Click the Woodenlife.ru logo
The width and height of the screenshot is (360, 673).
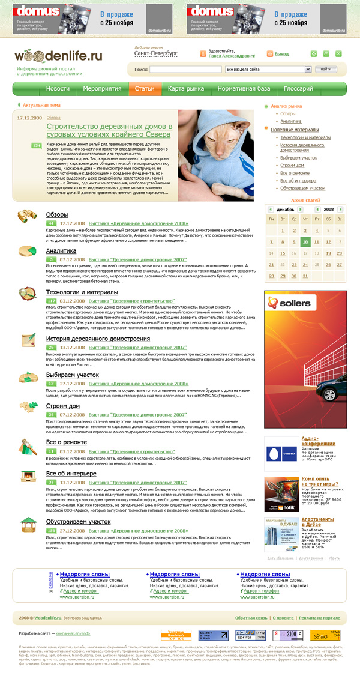[x=58, y=57]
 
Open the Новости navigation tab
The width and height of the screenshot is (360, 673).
[x=58, y=89]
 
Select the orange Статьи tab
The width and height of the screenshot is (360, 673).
[x=145, y=89]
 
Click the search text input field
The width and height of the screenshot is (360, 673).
[x=185, y=70]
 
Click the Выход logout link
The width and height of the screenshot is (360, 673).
[x=281, y=54]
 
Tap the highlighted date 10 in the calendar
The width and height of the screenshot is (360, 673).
[x=306, y=242]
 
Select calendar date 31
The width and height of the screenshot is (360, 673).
[x=306, y=276]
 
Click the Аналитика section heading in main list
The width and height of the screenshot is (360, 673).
[x=61, y=250]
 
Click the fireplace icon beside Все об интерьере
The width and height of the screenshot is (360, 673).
[x=28, y=477]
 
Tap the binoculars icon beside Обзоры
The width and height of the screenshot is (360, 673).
[x=28, y=216]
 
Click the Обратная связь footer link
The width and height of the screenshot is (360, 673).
[x=251, y=617]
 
